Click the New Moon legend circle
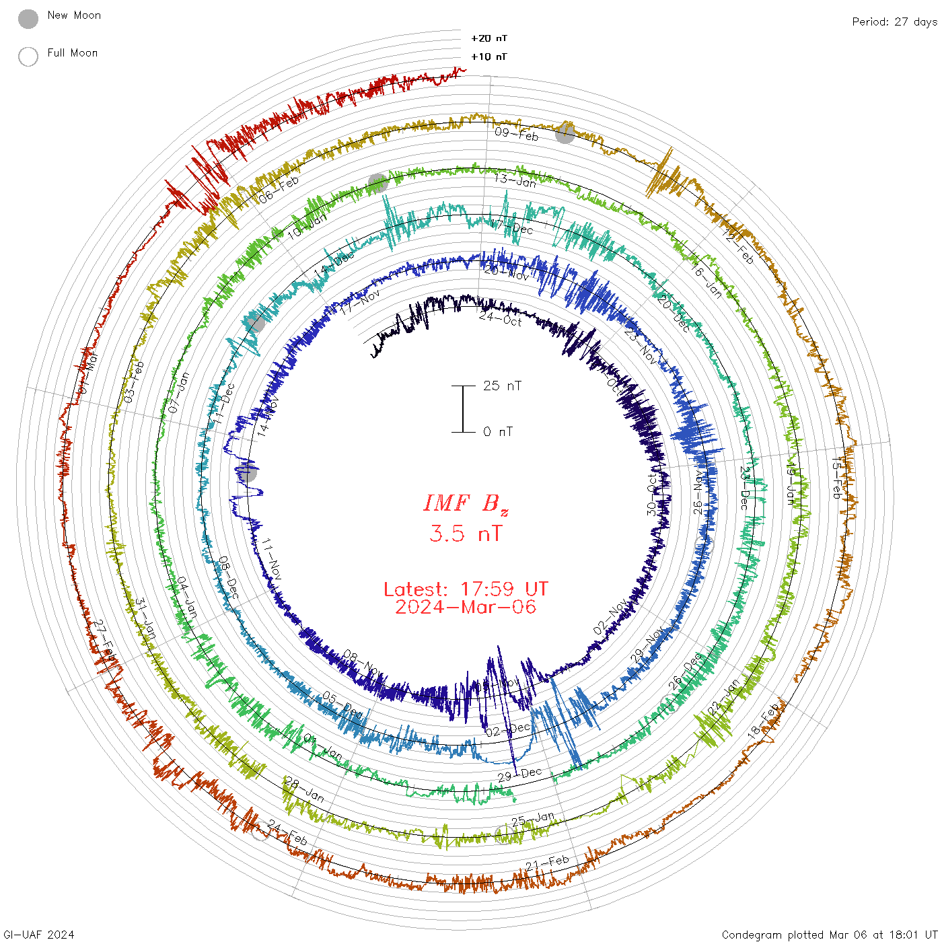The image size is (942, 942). point(28,19)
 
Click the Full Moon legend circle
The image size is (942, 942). point(28,57)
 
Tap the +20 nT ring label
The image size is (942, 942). point(489,38)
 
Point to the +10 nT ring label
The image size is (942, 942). point(489,57)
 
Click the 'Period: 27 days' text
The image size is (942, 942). point(894,22)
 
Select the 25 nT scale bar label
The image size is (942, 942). point(502,386)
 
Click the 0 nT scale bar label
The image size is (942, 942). point(498,431)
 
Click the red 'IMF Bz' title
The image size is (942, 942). point(466,503)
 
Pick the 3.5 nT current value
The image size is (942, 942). point(466,534)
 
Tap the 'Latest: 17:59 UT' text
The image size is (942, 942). point(466,589)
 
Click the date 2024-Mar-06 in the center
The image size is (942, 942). point(466,607)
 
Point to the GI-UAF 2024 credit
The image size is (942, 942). point(39,935)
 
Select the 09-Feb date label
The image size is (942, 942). point(517,134)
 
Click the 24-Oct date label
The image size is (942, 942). point(501,318)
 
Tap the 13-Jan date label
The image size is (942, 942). point(515,180)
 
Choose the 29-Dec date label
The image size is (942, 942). point(519,774)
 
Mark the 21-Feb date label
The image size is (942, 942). point(547,862)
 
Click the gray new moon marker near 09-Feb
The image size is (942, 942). point(565,133)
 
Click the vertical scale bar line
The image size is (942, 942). point(463,408)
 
